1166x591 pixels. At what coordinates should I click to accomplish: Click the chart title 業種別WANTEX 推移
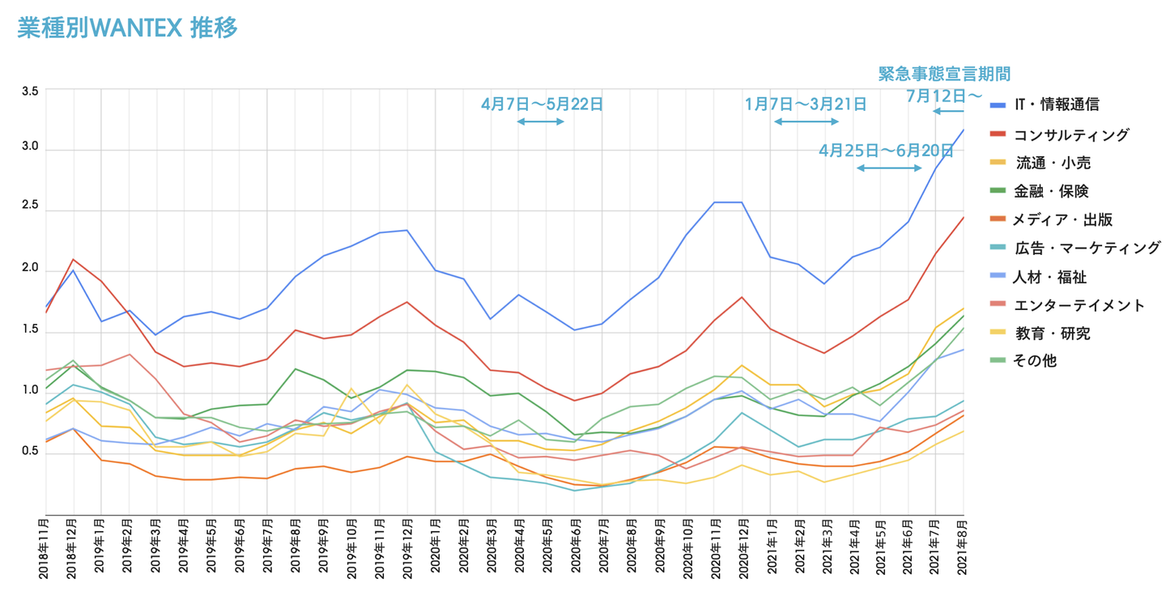pyautogui.click(x=128, y=28)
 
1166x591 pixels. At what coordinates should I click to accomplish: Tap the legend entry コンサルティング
pyautogui.click(x=1070, y=134)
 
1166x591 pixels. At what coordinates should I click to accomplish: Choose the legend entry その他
pyautogui.click(x=1035, y=361)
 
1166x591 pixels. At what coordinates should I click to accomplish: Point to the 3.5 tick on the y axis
pyautogui.click(x=30, y=91)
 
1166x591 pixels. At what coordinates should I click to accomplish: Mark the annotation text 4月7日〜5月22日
pyautogui.click(x=542, y=104)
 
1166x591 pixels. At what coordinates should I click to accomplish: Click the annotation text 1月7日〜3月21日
pyautogui.click(x=806, y=104)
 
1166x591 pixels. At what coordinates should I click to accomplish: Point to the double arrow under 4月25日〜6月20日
pyautogui.click(x=889, y=168)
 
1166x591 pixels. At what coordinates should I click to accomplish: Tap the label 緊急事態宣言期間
pyautogui.click(x=944, y=74)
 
